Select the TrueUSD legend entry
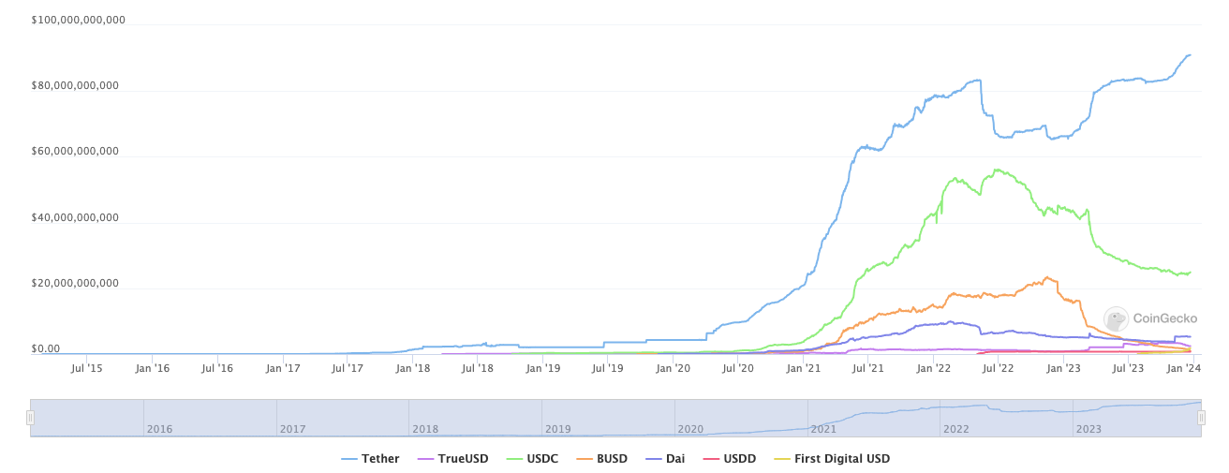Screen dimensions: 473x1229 (x=454, y=459)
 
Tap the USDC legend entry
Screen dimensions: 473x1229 (x=534, y=459)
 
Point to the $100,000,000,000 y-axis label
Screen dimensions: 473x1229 (x=79, y=20)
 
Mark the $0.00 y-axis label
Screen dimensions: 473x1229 (x=46, y=349)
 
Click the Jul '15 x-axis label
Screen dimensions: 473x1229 (x=86, y=369)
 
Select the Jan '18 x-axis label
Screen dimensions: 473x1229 (x=412, y=369)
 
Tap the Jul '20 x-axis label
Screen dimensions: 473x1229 (x=737, y=369)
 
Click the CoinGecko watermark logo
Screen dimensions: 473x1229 (x=1150, y=318)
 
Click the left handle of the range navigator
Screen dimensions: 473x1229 (x=30, y=418)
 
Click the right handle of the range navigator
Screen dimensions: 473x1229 (x=1201, y=418)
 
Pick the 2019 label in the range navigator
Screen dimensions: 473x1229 (x=558, y=429)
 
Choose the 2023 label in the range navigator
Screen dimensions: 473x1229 (x=1088, y=429)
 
